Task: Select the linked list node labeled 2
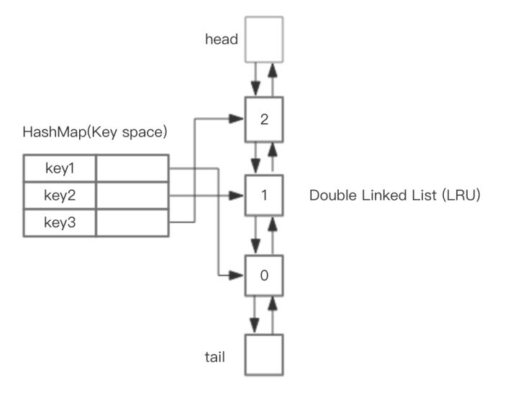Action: pyautogui.click(x=264, y=119)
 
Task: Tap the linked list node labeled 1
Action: pyautogui.click(x=264, y=195)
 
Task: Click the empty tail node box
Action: pyautogui.click(x=264, y=354)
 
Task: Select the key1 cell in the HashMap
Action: pyautogui.click(x=60, y=168)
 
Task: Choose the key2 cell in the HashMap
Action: pyautogui.click(x=60, y=196)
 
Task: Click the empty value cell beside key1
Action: pyautogui.click(x=132, y=168)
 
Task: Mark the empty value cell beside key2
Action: pyautogui.click(x=132, y=196)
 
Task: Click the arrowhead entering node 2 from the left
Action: pyautogui.click(x=237, y=118)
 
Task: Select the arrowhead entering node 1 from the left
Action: pyautogui.click(x=237, y=195)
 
